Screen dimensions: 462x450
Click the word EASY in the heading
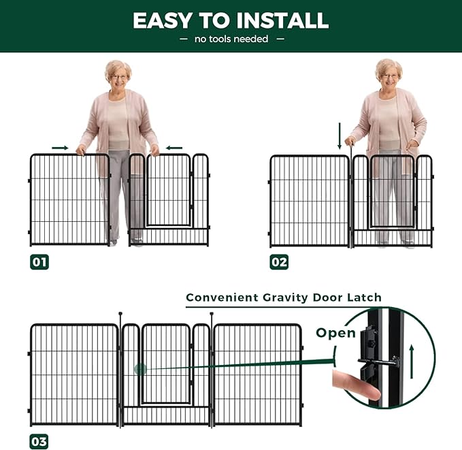(163, 20)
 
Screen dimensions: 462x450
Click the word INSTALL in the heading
(282, 20)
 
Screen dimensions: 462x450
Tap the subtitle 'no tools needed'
(231, 39)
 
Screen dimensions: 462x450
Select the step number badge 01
(39, 262)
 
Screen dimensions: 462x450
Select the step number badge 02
(279, 262)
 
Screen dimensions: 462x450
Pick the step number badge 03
(39, 441)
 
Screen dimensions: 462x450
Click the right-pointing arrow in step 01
(60, 148)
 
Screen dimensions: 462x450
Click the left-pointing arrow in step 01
(174, 148)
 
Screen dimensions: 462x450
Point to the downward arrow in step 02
(340, 136)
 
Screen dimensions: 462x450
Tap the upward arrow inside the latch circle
(412, 362)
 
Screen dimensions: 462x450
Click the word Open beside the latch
(335, 333)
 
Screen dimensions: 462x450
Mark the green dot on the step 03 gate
(140, 369)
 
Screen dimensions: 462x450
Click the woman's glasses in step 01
(119, 77)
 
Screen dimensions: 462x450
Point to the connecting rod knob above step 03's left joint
(120, 314)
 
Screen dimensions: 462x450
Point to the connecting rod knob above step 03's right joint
(212, 314)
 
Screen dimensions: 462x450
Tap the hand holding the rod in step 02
(350, 142)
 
